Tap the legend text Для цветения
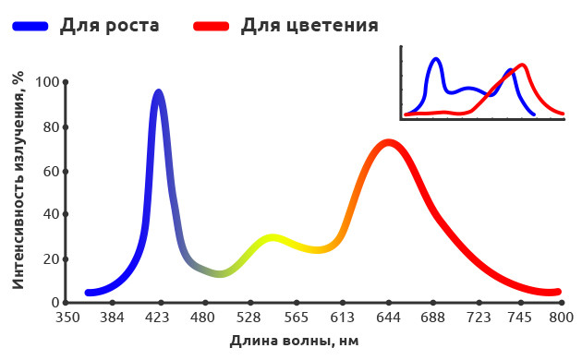tap(309, 25)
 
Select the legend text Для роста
tap(109, 25)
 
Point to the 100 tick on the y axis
tap(46, 82)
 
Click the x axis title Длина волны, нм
tap(294, 342)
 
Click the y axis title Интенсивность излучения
tap(18, 181)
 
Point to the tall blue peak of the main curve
tap(159, 92)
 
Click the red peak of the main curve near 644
tap(388, 142)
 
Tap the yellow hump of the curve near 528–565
tap(273, 238)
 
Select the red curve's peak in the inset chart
tap(523, 65)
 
